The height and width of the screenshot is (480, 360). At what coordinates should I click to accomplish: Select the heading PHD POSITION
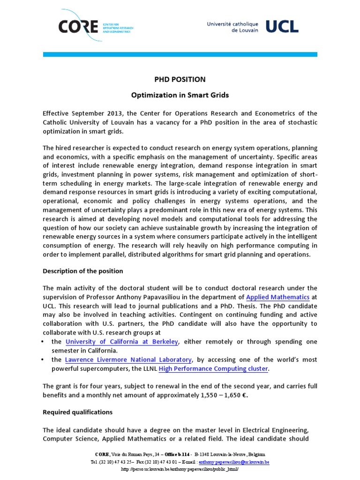coord(180,80)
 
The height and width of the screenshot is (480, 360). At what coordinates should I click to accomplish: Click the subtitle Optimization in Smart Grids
coord(180,95)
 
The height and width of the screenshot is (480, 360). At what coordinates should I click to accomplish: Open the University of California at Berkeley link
coord(122,342)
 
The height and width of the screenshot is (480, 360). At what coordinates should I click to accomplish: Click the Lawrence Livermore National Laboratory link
coord(128,360)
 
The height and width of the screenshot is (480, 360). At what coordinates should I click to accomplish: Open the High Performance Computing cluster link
coord(213,369)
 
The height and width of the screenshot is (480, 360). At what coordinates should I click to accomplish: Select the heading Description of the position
coord(83,271)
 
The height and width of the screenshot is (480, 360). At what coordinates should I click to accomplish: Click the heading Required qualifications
coord(78,412)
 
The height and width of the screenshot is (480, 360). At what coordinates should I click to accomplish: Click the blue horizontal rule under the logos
coord(180,55)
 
